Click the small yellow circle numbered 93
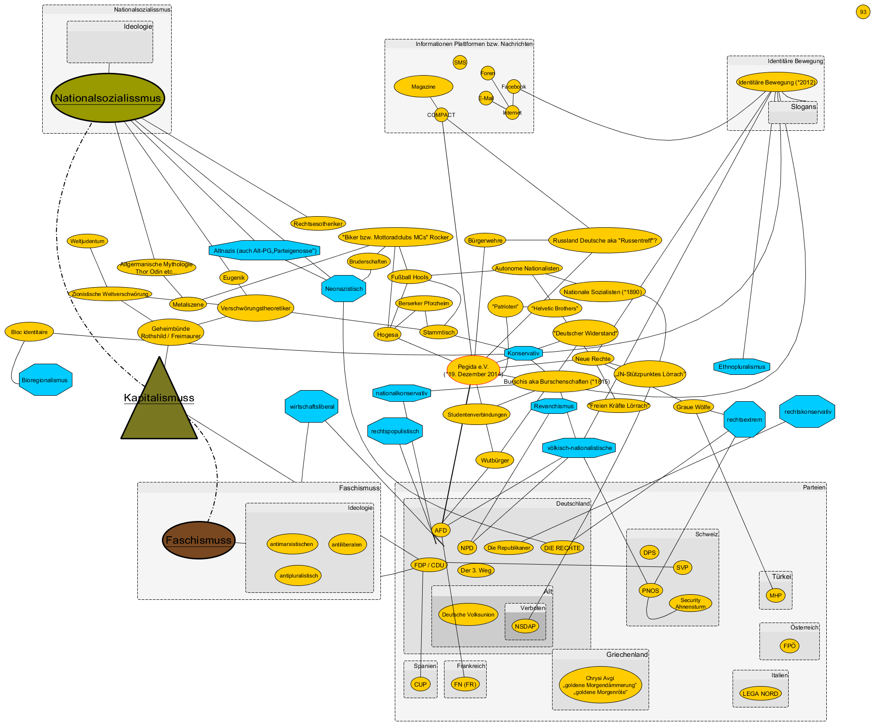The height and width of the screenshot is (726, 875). coord(863,12)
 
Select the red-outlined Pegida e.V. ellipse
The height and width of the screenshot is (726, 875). coord(473,370)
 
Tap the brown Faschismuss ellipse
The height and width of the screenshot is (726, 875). coord(199,540)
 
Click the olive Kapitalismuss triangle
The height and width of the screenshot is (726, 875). coord(159,408)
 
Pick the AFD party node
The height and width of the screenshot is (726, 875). coord(441,530)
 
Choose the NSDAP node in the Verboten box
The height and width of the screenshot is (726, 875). coord(525,626)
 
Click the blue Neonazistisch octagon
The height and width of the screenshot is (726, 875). coord(344,289)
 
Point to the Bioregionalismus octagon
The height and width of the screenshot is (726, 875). coord(45,380)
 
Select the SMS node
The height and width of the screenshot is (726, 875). coord(460,63)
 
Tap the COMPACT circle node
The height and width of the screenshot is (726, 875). coord(441,115)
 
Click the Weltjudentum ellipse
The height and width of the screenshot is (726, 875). coord(87,241)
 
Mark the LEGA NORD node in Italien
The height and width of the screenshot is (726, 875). coord(760,694)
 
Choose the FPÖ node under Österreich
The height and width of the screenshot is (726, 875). coord(789,646)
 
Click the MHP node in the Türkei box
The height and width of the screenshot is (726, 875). coord(775,596)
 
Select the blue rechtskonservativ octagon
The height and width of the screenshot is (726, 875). coord(808,411)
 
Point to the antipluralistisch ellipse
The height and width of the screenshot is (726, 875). coord(299,576)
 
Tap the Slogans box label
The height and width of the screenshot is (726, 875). coord(803,107)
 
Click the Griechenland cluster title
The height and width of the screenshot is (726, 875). coord(626,655)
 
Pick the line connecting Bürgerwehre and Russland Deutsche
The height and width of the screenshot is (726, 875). coord(527,240)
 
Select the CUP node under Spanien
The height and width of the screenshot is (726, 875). coord(420,684)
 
